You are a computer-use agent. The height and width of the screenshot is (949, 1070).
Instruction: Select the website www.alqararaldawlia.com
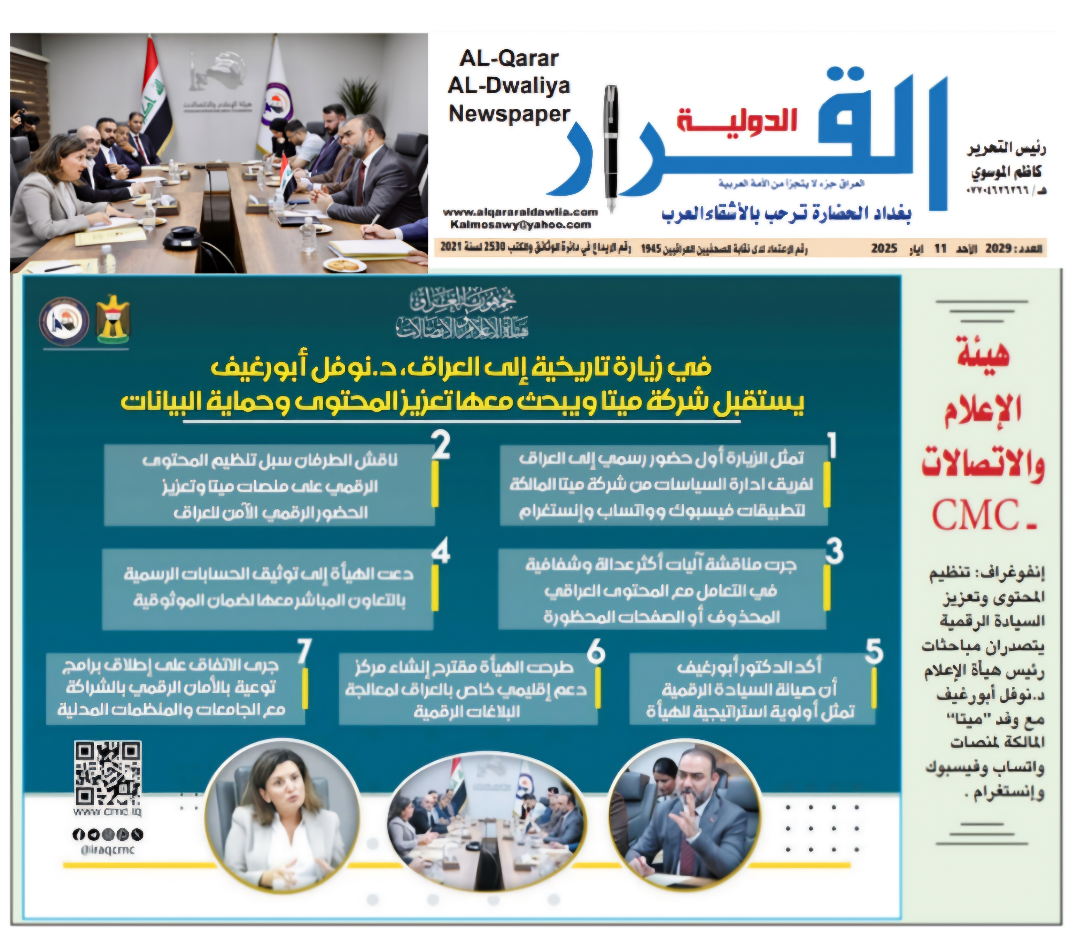click(x=520, y=212)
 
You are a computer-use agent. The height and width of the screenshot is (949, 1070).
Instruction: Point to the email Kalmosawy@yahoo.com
click(x=520, y=225)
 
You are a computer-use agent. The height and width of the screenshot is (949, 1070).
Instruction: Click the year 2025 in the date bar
click(x=884, y=248)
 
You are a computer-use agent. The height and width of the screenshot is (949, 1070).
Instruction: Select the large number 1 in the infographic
click(x=832, y=446)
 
